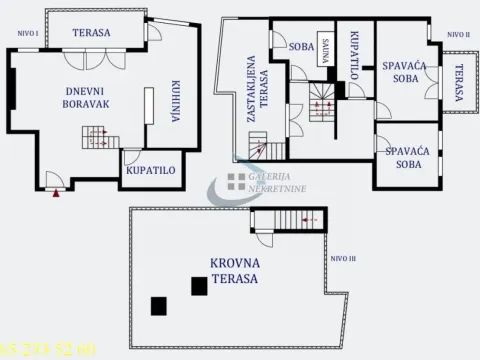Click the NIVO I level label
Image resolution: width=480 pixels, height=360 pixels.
point(28,33)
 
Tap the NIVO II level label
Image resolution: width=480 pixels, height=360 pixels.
point(457,33)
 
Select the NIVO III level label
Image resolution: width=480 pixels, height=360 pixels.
point(342,257)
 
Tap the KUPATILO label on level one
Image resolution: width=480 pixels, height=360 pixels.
point(151,170)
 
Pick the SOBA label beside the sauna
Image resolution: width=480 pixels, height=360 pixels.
point(301,46)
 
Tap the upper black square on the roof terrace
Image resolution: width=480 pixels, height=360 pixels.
point(200,287)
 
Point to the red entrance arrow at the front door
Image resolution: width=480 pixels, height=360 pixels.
point(55,192)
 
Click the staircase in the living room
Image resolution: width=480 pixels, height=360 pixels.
point(95,136)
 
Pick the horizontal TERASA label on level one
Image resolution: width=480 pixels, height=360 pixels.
point(91,32)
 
